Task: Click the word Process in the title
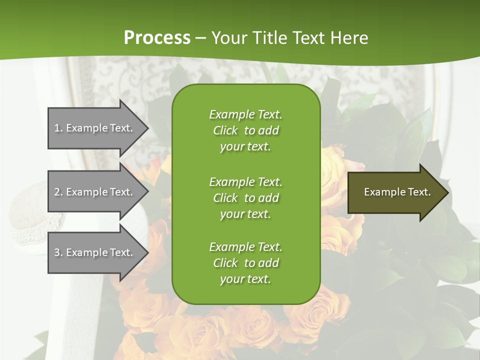(157, 37)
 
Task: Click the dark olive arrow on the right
(395, 192)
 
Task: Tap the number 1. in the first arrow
(58, 128)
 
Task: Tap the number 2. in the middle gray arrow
(58, 192)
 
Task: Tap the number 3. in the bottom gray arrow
(58, 252)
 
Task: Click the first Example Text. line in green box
(245, 114)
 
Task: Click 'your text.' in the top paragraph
(245, 146)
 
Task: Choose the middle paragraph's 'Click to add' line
(245, 198)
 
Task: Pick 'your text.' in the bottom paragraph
(245, 279)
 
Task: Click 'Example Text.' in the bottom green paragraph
(245, 247)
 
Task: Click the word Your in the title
(230, 37)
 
